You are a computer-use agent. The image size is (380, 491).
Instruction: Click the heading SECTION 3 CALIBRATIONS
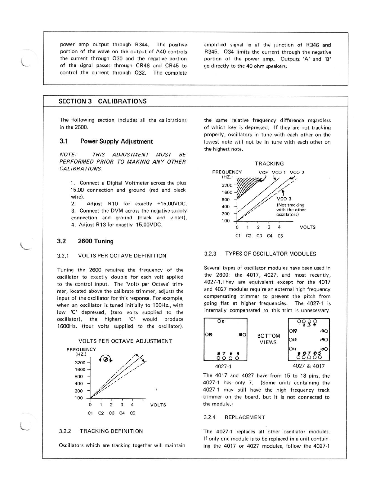[103, 101]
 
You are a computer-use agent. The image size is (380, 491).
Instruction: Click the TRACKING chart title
[269, 164]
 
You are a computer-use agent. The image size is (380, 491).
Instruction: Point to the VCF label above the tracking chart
[263, 173]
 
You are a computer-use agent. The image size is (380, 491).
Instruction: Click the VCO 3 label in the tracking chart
[284, 199]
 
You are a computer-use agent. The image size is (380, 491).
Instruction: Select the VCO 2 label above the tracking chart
[297, 173]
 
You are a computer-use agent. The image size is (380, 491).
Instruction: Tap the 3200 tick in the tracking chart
[227, 185]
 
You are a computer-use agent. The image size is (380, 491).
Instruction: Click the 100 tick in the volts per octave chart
[78, 398]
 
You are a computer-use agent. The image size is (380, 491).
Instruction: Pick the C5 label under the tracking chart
[280, 236]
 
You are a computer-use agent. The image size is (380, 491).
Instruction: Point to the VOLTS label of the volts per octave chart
[158, 405]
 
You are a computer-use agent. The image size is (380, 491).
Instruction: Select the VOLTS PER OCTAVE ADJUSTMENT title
[125, 341]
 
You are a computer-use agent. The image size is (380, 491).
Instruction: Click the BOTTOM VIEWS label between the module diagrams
[269, 339]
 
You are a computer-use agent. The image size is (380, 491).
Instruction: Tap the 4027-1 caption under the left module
[223, 366]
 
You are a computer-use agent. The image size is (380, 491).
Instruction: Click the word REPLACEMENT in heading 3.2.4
[245, 417]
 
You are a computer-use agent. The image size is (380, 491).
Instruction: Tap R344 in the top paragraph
[142, 45]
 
